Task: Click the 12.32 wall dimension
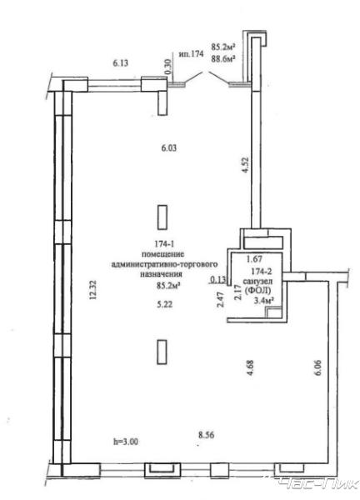pyautogui.click(x=92, y=289)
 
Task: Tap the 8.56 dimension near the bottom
pyautogui.click(x=206, y=434)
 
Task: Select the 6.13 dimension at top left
pyautogui.click(x=121, y=62)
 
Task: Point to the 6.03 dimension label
pyautogui.click(x=168, y=148)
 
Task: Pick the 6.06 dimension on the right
pyautogui.click(x=317, y=368)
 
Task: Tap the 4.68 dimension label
pyautogui.click(x=250, y=367)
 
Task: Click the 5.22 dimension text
pyautogui.click(x=164, y=304)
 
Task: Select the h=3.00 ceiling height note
pyautogui.click(x=126, y=442)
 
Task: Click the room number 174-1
pyautogui.click(x=164, y=244)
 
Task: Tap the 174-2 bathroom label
pyautogui.click(x=262, y=272)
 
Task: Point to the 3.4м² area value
pyautogui.click(x=264, y=300)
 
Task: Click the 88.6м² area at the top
pyautogui.click(x=223, y=58)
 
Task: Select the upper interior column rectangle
pyautogui.click(x=162, y=217)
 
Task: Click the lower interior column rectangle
pyautogui.click(x=162, y=352)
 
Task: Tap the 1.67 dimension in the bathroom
pyautogui.click(x=254, y=259)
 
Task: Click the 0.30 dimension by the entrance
pyautogui.click(x=168, y=67)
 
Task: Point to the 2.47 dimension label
pyautogui.click(x=220, y=299)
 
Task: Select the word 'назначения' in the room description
pyautogui.click(x=162, y=274)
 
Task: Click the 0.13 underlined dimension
pyautogui.click(x=217, y=280)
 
